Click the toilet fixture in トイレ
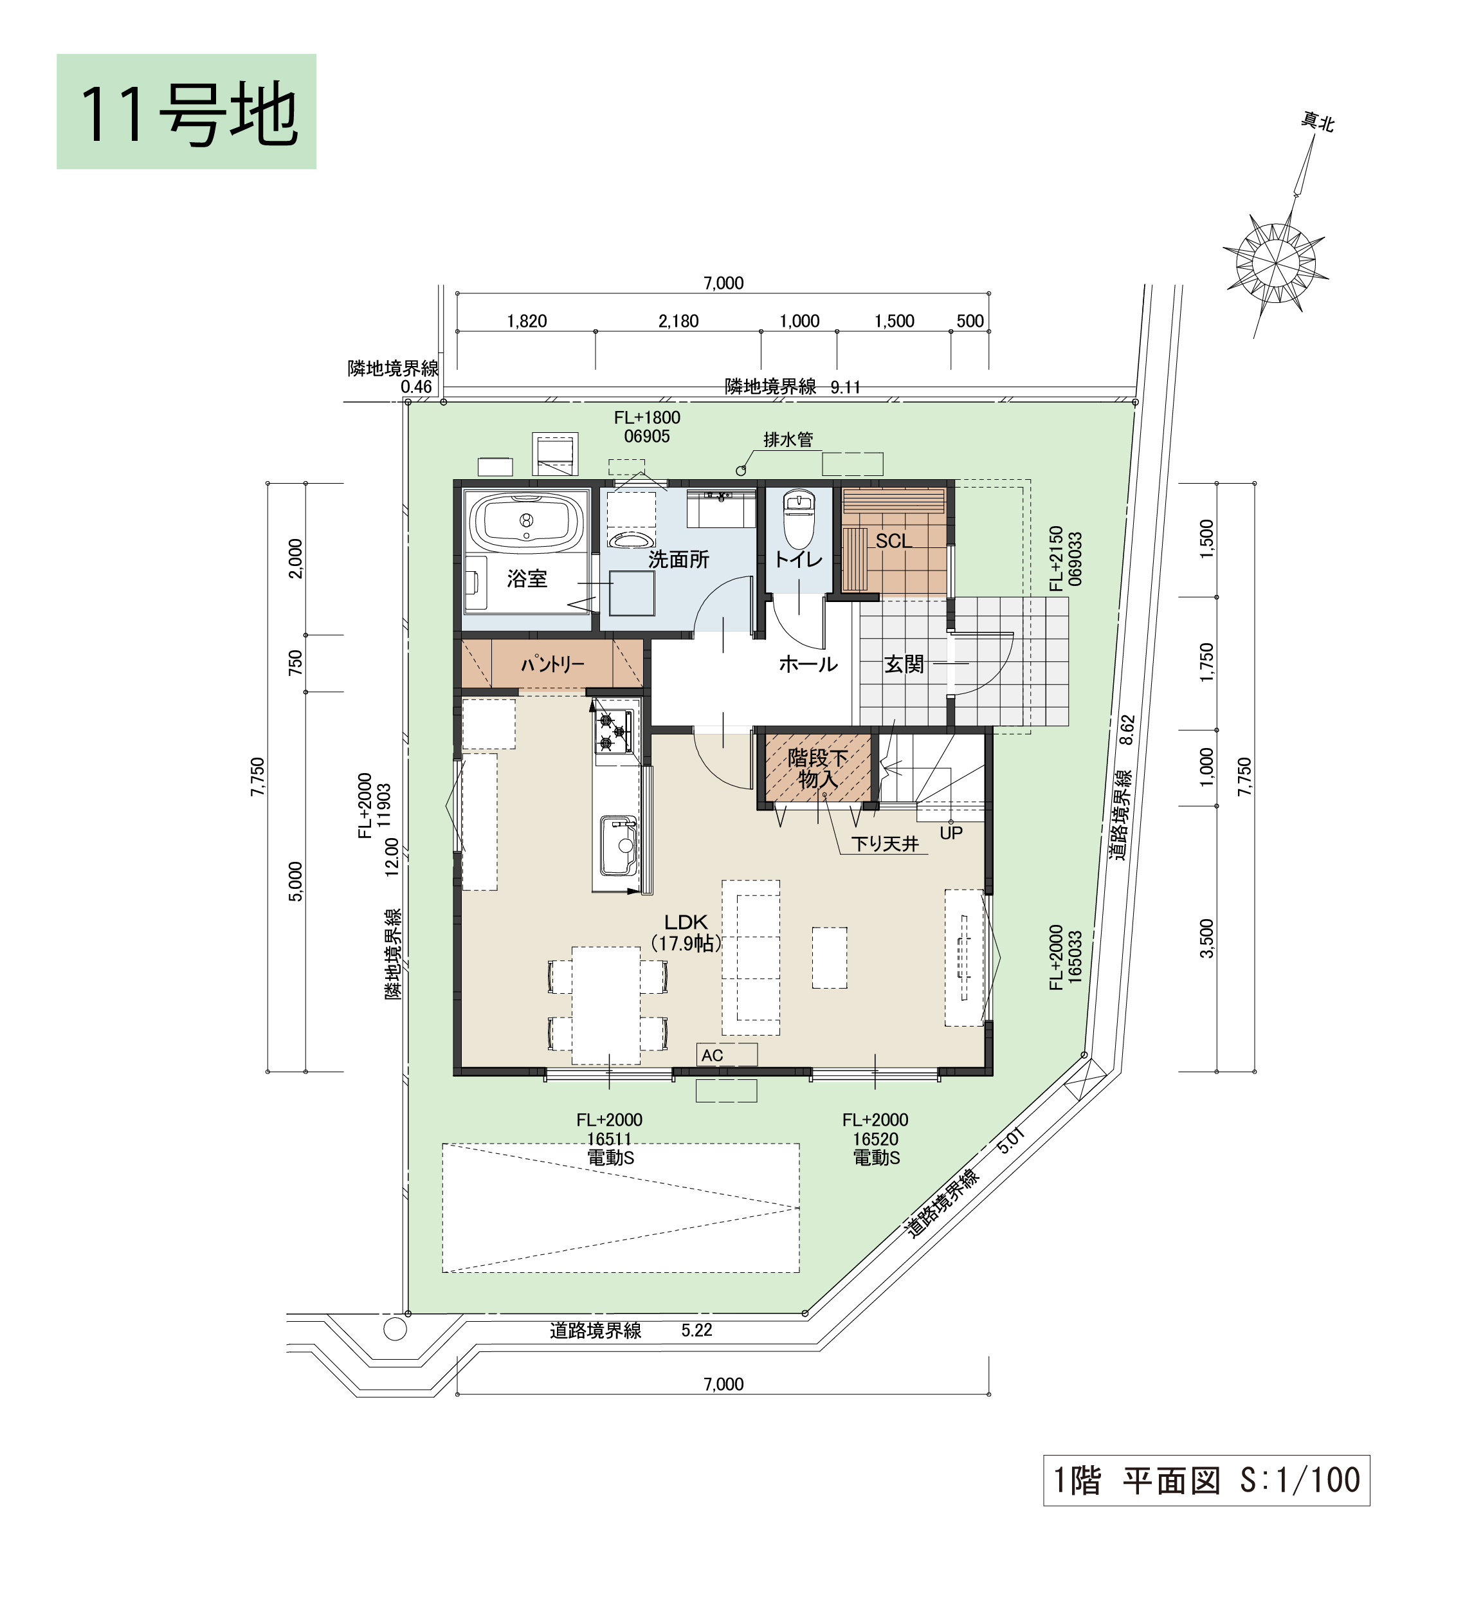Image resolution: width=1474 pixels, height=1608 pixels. tap(799, 519)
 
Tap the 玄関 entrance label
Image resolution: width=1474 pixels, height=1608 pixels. tap(904, 664)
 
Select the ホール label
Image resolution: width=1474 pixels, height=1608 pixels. tap(808, 664)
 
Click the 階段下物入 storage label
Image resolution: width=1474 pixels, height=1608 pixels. tap(817, 768)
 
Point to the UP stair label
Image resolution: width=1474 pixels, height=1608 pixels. tap(951, 833)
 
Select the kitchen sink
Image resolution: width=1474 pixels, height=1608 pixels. tap(618, 845)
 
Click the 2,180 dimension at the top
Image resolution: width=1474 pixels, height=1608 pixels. tap(678, 321)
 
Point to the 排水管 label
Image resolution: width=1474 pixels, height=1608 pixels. tap(788, 439)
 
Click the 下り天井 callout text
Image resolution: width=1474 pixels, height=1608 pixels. tap(886, 843)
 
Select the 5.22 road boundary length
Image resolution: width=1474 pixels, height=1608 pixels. tap(696, 1329)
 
